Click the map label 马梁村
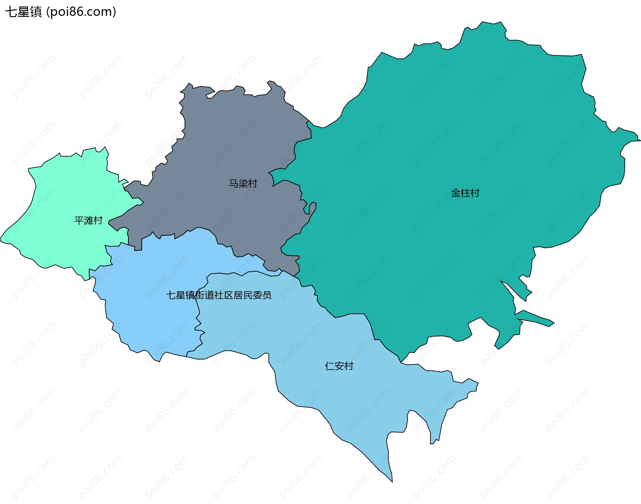click(243, 184)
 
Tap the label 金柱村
click(465, 193)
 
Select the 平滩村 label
click(88, 220)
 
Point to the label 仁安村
click(339, 366)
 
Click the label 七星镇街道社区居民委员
click(219, 295)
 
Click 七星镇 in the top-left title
click(23, 12)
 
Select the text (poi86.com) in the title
click(81, 12)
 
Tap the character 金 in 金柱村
click(456, 193)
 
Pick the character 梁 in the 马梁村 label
click(243, 184)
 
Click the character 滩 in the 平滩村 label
click(88, 220)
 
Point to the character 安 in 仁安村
click(339, 366)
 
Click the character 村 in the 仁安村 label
click(349, 366)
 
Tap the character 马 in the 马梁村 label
click(233, 184)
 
